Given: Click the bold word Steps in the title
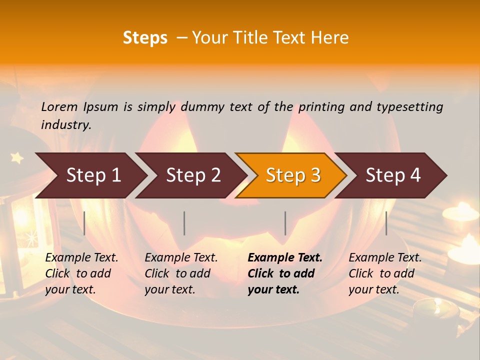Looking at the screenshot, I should (x=145, y=38).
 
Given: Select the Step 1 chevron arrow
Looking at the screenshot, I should (x=93, y=175).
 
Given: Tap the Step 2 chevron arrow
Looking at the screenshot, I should (x=193, y=175).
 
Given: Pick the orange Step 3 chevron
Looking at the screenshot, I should (x=293, y=175).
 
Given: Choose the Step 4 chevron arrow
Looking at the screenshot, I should (x=393, y=175).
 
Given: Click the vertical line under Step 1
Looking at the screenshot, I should (x=84, y=223).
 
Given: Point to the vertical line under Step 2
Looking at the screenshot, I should (x=184, y=223).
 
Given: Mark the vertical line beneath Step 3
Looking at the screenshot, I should (x=285, y=223).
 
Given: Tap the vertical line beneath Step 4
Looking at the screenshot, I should (x=386, y=223).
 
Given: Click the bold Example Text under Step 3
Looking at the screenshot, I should (x=285, y=258).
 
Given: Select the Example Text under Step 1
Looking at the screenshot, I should (x=81, y=258).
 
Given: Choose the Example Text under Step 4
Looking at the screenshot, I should (x=385, y=258).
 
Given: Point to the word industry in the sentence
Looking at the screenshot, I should (x=66, y=125).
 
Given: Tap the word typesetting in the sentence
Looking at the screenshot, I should (x=409, y=107).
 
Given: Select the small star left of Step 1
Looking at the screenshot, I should (x=17, y=158).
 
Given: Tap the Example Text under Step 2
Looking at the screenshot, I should (x=181, y=258).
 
